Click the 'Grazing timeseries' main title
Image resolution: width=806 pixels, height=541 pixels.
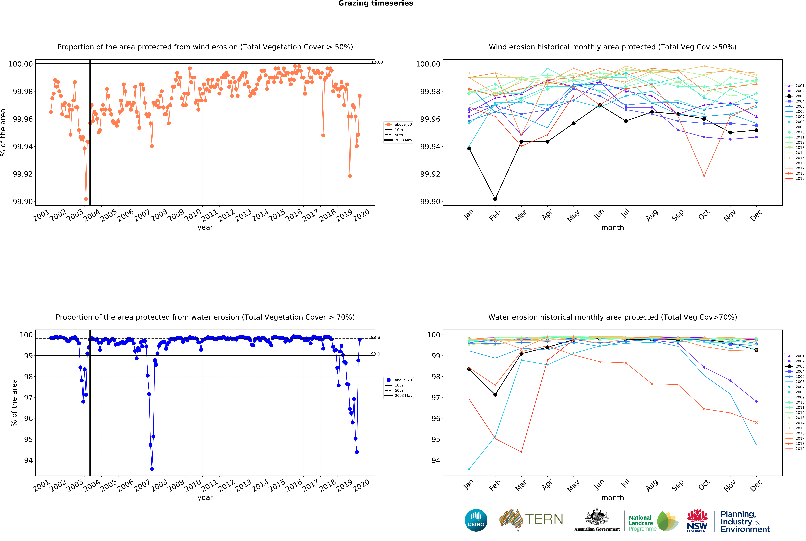click(x=375, y=3)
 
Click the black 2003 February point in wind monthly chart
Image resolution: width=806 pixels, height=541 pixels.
click(x=495, y=199)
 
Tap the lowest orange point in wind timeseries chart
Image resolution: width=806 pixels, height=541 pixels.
click(x=86, y=199)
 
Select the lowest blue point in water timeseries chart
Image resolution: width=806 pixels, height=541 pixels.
click(x=152, y=469)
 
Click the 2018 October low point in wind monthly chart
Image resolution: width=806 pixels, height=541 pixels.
click(x=704, y=176)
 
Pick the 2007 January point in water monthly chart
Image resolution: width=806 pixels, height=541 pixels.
click(x=469, y=469)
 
